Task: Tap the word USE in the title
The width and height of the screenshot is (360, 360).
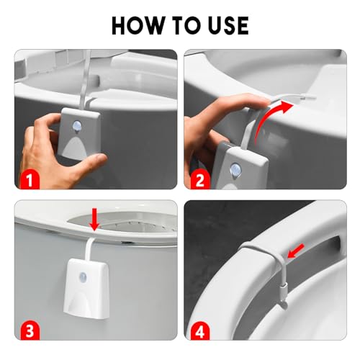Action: coord(228,25)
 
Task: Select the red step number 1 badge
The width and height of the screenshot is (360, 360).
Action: coord(29,180)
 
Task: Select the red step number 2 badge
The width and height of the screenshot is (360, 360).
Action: coord(199,180)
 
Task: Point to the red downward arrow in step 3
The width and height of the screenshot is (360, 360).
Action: coord(94,220)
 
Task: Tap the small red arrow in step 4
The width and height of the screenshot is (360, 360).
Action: coord(296,251)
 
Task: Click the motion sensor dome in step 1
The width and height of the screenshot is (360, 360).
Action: coord(78,125)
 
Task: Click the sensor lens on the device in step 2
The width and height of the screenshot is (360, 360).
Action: coord(235,170)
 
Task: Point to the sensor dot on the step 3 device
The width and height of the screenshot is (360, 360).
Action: coord(84,276)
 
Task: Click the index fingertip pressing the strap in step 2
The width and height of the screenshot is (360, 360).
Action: coord(261,102)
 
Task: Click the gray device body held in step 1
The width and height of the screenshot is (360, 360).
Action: coord(80,133)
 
